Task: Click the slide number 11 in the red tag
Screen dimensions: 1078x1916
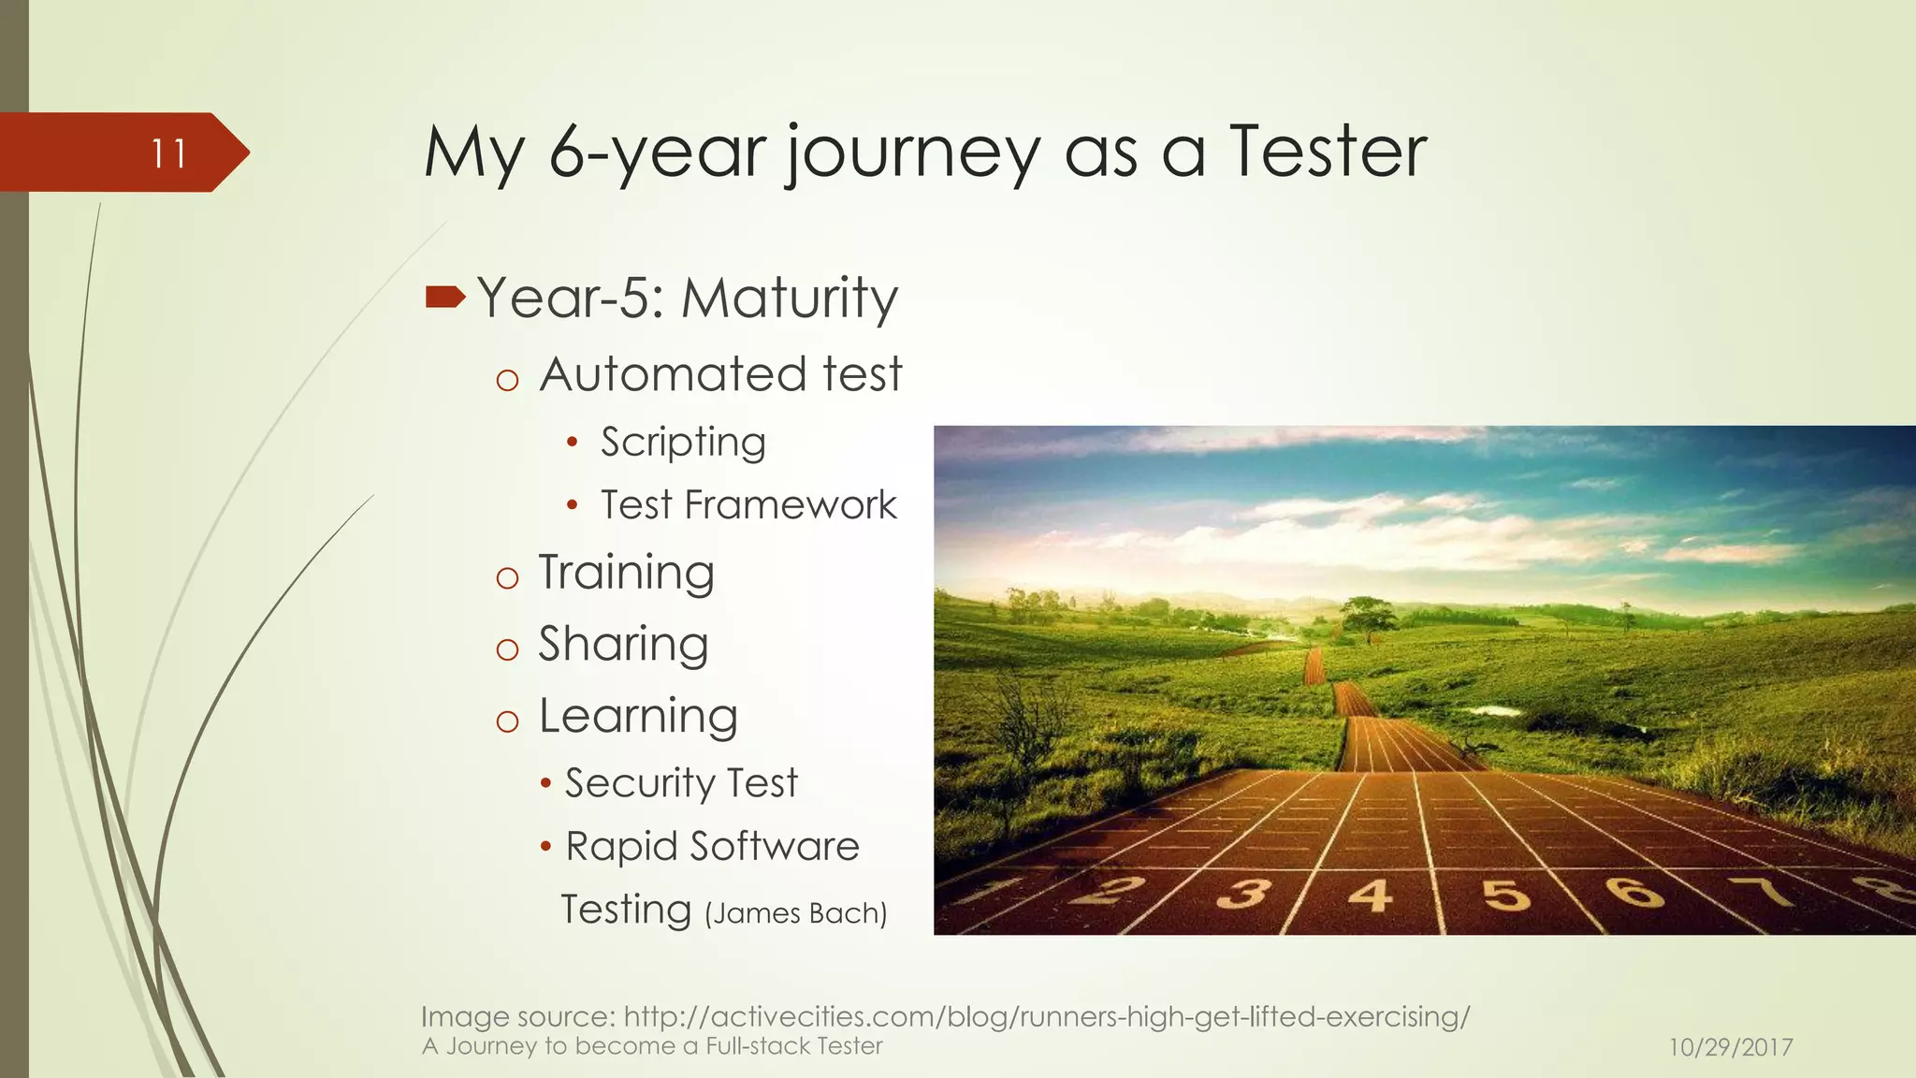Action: [168, 153]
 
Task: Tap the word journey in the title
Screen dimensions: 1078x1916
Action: [911, 154]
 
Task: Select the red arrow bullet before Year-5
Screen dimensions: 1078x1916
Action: [444, 298]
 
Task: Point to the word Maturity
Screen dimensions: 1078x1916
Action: [789, 299]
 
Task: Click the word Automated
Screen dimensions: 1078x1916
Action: [673, 374]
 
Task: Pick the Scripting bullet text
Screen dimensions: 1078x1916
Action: [683, 443]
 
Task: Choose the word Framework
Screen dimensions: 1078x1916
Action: [791, 505]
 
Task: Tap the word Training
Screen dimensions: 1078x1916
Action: [626, 573]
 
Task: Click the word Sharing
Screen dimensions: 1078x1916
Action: [623, 645]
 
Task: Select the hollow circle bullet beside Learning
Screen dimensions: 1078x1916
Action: [507, 721]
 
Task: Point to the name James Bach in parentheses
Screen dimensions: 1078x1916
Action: [795, 912]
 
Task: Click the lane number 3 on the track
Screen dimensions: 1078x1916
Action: [1243, 894]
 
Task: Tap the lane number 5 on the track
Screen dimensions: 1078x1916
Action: [1505, 894]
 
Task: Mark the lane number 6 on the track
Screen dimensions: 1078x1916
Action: [1634, 891]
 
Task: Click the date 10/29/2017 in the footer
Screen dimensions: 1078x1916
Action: [1730, 1047]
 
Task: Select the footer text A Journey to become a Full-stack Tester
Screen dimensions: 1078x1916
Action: [652, 1046]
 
